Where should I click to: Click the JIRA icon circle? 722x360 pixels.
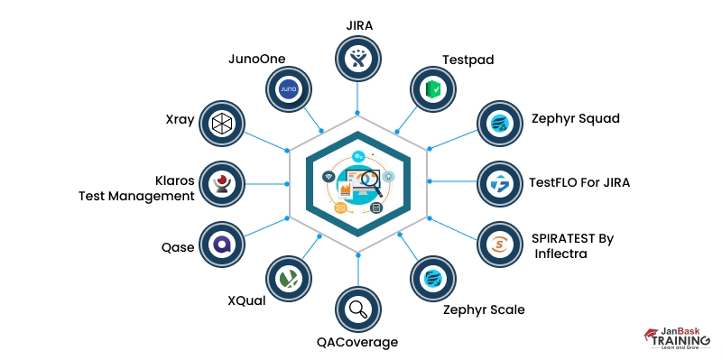(358, 60)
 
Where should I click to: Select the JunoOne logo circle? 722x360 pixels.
(288, 89)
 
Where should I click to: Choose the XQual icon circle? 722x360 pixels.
(288, 279)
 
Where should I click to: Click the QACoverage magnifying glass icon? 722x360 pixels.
(358, 309)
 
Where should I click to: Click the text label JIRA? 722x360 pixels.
(358, 24)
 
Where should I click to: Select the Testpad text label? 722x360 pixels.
(467, 60)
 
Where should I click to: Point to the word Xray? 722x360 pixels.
(180, 119)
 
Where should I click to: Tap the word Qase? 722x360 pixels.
(177, 247)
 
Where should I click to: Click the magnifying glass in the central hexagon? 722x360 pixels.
(369, 182)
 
